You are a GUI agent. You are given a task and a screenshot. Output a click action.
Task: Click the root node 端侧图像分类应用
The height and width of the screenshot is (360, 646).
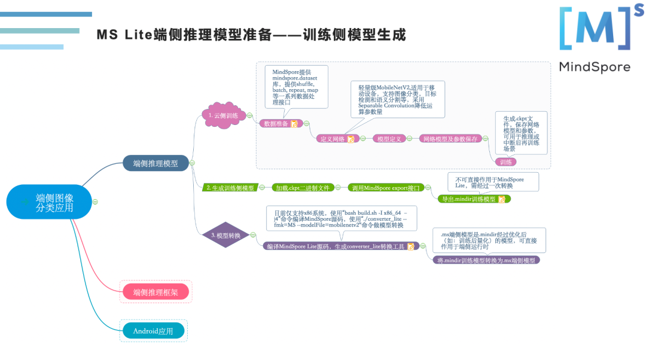click(50, 202)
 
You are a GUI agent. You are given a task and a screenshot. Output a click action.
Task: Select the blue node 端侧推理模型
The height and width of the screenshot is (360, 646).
click(156, 163)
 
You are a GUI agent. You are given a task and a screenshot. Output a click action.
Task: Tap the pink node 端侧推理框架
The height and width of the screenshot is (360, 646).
click(155, 292)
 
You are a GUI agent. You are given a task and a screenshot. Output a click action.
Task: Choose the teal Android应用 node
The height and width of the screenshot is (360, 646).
click(154, 331)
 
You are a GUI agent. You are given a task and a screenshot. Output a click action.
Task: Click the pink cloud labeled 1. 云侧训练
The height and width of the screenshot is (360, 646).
click(223, 115)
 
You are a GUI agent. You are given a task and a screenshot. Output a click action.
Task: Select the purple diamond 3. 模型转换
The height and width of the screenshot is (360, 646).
click(226, 236)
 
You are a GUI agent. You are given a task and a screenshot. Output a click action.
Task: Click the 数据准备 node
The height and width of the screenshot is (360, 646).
click(276, 124)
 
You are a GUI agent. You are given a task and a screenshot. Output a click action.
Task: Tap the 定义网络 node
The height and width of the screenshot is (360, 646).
click(333, 139)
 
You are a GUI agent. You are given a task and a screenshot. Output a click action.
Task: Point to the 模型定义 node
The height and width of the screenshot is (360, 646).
click(389, 139)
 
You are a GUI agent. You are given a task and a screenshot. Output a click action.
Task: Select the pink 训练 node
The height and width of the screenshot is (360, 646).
click(506, 161)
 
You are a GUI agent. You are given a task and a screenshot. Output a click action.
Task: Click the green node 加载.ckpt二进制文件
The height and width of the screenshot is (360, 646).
click(301, 188)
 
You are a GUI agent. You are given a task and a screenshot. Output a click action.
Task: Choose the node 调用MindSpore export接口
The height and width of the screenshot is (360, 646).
click(386, 188)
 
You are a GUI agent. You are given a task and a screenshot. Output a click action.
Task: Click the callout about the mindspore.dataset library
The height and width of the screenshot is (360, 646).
click(296, 87)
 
